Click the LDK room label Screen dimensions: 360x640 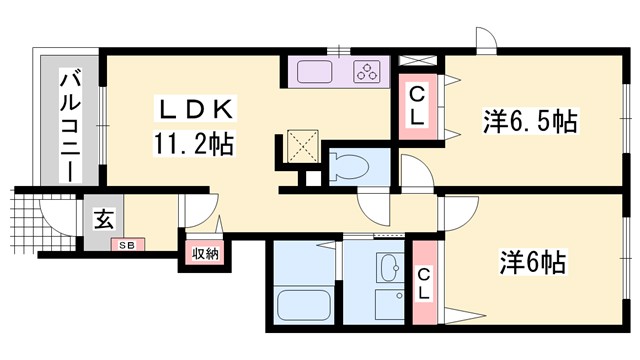pyautogui.click(x=195, y=109)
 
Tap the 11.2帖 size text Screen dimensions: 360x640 pyautogui.click(x=194, y=144)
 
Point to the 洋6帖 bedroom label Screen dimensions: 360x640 pyautogui.click(x=533, y=262)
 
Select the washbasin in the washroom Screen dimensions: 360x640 pyautogui.click(x=390, y=269)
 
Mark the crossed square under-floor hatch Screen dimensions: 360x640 pyautogui.click(x=299, y=145)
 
